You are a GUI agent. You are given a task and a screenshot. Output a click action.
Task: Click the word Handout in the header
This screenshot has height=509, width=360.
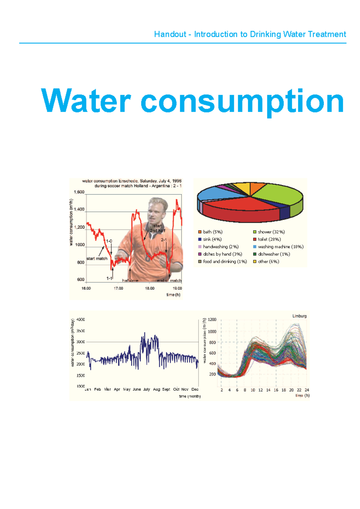coord(170,34)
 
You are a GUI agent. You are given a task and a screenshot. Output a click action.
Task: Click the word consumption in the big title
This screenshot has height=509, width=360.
coord(242,101)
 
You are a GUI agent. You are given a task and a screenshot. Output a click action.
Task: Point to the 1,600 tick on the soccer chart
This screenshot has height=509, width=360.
coord(79,192)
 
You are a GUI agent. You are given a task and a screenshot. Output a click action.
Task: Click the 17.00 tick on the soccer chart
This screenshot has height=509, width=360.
coord(118,288)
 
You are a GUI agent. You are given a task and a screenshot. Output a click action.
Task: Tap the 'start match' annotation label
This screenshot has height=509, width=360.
coord(97,259)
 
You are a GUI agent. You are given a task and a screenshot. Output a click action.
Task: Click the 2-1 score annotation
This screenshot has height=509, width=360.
coord(164,240)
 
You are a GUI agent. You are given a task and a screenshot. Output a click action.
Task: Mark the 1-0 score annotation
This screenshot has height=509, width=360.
coord(109,241)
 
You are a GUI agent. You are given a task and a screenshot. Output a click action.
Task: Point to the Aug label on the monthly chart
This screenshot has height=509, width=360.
coord(157,389)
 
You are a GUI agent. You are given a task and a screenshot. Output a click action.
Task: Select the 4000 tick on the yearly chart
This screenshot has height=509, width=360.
coord(81,320)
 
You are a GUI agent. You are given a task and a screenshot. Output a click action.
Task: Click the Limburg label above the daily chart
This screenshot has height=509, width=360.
coord(299,316)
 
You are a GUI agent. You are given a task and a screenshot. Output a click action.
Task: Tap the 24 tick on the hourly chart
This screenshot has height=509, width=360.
coord(307,390)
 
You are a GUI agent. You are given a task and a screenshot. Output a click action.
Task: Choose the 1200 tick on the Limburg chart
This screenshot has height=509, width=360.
coord(212,320)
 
